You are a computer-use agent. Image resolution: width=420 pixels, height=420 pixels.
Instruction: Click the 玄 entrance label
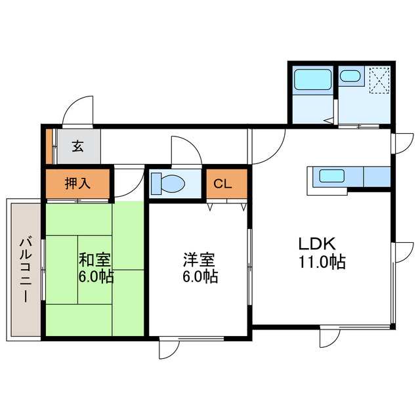click(77, 146)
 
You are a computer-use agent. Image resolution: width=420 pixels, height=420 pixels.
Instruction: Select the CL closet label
click(223, 184)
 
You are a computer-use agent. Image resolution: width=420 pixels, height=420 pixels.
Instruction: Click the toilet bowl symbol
click(168, 184)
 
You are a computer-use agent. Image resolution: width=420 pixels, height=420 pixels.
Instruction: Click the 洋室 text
click(199, 259)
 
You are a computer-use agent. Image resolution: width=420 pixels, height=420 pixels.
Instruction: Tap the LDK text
click(318, 245)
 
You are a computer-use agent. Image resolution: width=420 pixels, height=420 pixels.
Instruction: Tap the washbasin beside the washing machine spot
click(350, 76)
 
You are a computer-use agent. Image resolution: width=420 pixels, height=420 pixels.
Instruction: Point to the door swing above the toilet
click(186, 151)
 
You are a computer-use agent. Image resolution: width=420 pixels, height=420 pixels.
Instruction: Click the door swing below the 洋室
click(169, 350)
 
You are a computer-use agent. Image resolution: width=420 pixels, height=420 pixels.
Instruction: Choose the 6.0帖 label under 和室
click(96, 276)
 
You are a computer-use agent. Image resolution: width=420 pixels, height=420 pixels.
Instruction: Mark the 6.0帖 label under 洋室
click(199, 276)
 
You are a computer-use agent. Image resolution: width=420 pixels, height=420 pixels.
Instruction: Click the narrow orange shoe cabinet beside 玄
click(49, 146)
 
